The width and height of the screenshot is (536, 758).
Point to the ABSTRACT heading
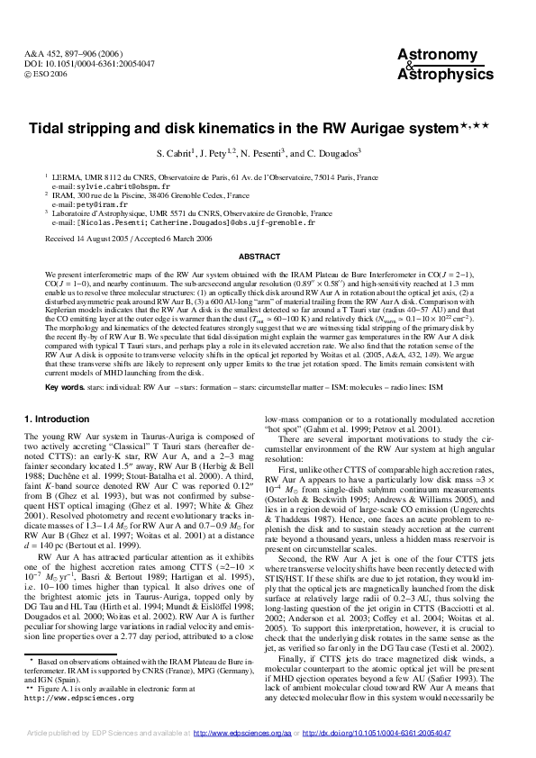267,257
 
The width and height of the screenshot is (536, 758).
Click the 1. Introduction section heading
57,419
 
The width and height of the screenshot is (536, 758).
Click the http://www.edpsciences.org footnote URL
80,698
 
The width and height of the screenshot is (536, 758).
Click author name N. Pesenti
282,153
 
